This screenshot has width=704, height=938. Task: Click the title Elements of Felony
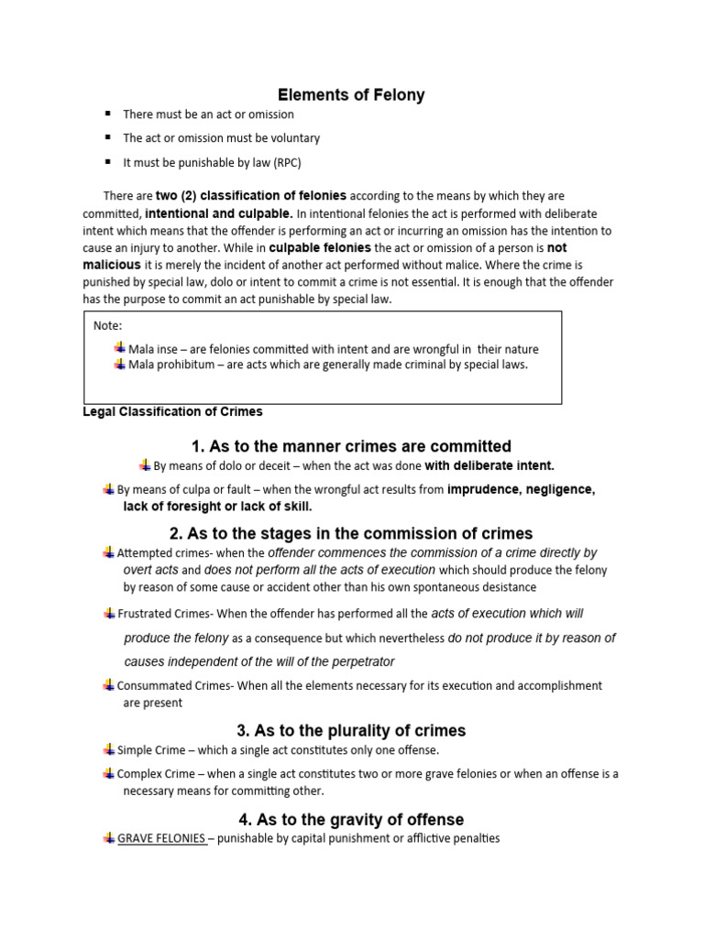click(351, 95)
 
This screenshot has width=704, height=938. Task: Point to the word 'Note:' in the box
click(108, 325)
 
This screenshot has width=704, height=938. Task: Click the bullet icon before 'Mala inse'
click(119, 348)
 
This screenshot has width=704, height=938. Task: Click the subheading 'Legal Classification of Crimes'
click(172, 411)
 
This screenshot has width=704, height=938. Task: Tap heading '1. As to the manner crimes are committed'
click(351, 447)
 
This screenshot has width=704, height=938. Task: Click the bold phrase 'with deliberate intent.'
click(489, 466)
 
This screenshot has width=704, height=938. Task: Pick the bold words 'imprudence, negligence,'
click(521, 490)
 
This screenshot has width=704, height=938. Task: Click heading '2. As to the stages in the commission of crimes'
click(351, 533)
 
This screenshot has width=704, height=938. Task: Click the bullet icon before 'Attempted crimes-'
click(109, 552)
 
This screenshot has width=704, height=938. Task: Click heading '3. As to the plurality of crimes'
click(351, 731)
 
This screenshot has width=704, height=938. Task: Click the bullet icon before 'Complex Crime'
click(109, 774)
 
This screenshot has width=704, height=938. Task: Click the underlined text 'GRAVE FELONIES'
click(161, 839)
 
